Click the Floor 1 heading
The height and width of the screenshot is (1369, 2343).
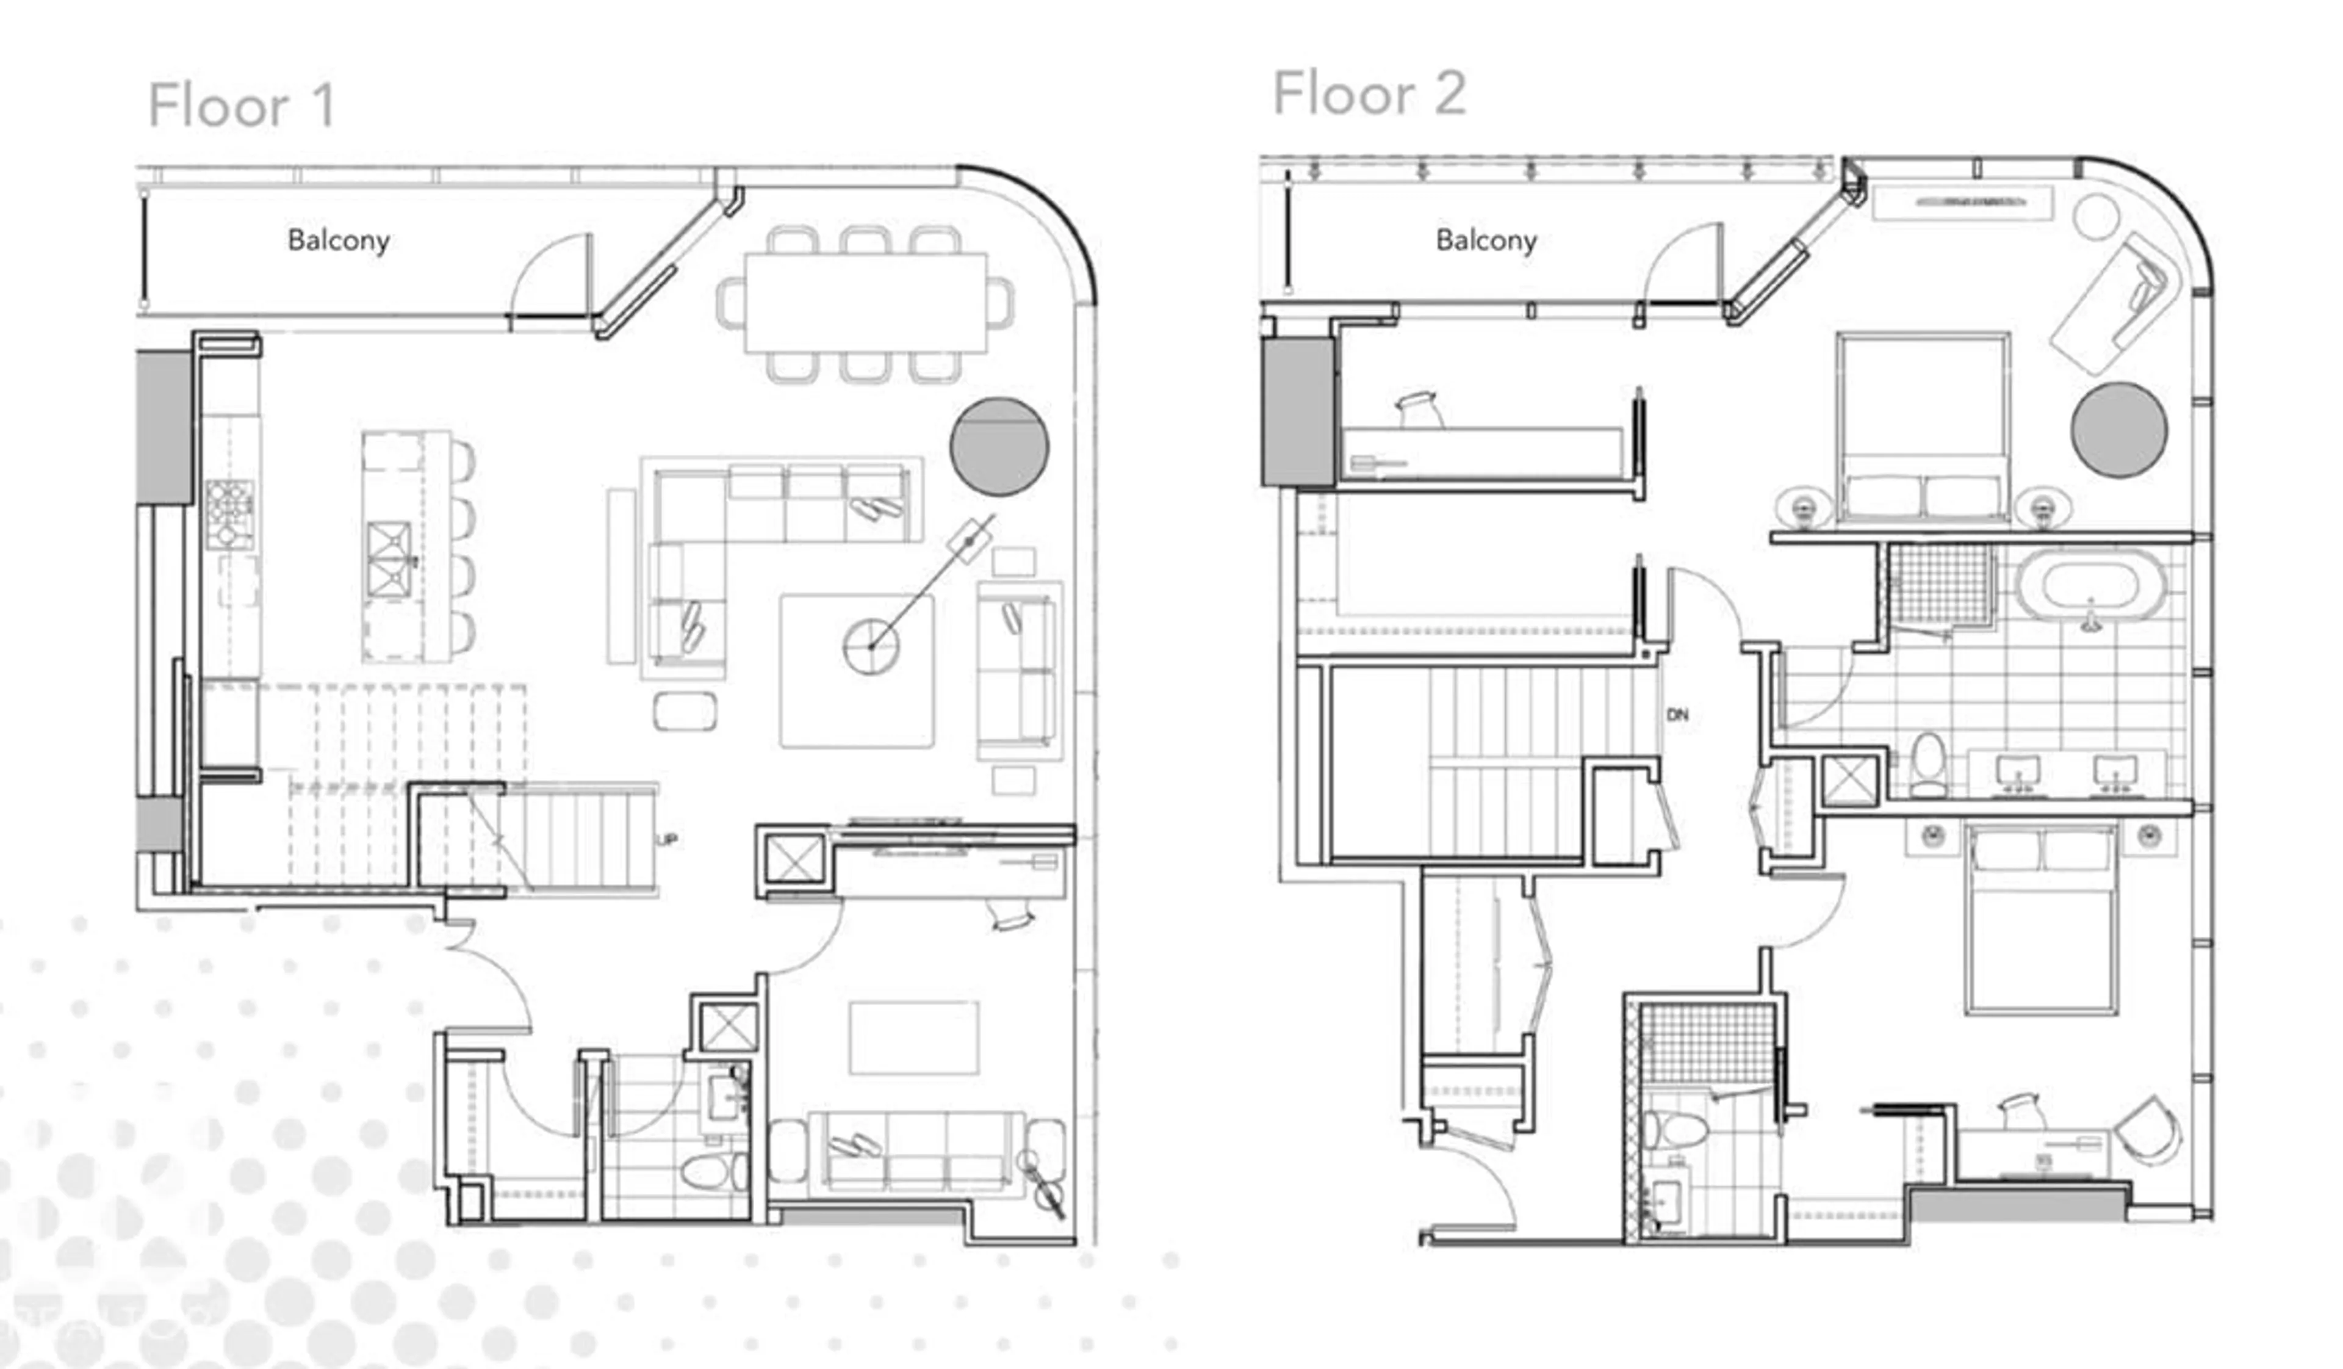coord(242,105)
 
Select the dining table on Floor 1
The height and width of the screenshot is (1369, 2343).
coord(865,302)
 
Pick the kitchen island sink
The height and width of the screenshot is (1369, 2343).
coord(389,558)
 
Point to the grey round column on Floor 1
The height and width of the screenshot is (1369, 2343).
coord(999,446)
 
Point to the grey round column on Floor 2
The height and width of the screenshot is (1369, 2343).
coord(2119,430)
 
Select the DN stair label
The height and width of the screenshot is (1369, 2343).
coord(1677,714)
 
